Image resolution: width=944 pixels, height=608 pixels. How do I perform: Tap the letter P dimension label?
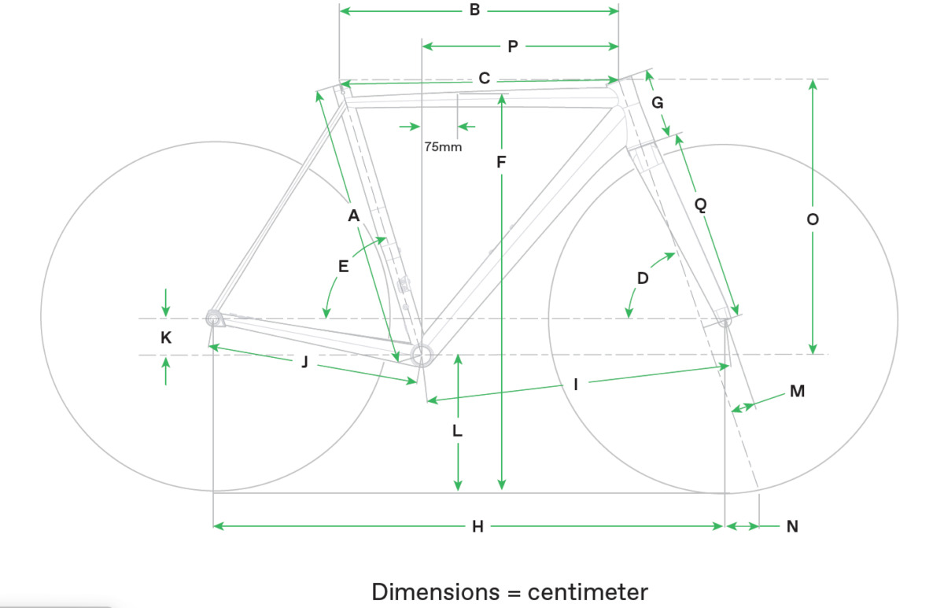(x=513, y=46)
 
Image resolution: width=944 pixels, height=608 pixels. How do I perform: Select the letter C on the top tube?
(x=485, y=79)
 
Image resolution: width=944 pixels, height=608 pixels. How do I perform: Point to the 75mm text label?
(x=443, y=146)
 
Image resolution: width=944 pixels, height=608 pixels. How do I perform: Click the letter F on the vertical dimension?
(x=501, y=163)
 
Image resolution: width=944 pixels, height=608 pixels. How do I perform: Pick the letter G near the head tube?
(x=658, y=103)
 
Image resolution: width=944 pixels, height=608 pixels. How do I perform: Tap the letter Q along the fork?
(x=700, y=205)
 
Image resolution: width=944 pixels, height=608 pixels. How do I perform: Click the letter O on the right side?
(x=813, y=220)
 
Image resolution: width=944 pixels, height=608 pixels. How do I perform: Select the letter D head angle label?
(x=643, y=278)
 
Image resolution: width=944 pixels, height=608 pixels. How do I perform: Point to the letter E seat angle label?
(x=343, y=267)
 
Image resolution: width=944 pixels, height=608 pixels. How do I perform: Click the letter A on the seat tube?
(x=353, y=215)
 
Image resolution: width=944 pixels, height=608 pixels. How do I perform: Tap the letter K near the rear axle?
(x=165, y=337)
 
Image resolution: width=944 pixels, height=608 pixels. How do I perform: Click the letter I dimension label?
(x=576, y=384)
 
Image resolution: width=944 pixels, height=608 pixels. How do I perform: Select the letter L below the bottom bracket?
(x=458, y=431)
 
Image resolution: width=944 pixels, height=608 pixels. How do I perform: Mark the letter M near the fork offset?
(x=797, y=391)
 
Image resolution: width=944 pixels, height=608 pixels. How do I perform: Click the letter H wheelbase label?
(x=478, y=526)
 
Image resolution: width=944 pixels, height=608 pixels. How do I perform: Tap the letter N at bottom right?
(x=792, y=526)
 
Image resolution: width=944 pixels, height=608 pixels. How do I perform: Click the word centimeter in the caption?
(x=588, y=591)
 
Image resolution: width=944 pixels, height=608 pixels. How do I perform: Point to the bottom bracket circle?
(x=422, y=353)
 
